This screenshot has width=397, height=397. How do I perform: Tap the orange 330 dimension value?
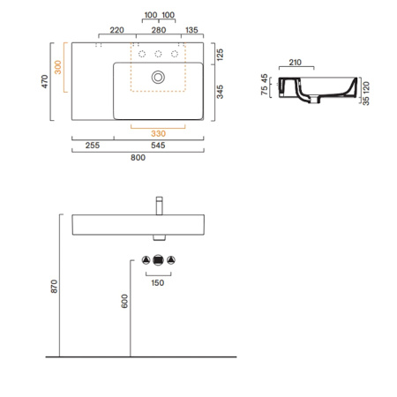159,133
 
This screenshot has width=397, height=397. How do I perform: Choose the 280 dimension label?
159,29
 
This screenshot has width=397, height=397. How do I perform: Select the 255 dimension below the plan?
92,145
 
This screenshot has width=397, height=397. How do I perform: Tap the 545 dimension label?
159,145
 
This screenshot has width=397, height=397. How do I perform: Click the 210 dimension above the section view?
296,63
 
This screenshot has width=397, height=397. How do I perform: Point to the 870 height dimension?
52,285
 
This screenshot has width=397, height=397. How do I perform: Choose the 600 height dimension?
124,301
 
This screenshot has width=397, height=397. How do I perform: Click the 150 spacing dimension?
158,282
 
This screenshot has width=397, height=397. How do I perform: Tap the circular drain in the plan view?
158,77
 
